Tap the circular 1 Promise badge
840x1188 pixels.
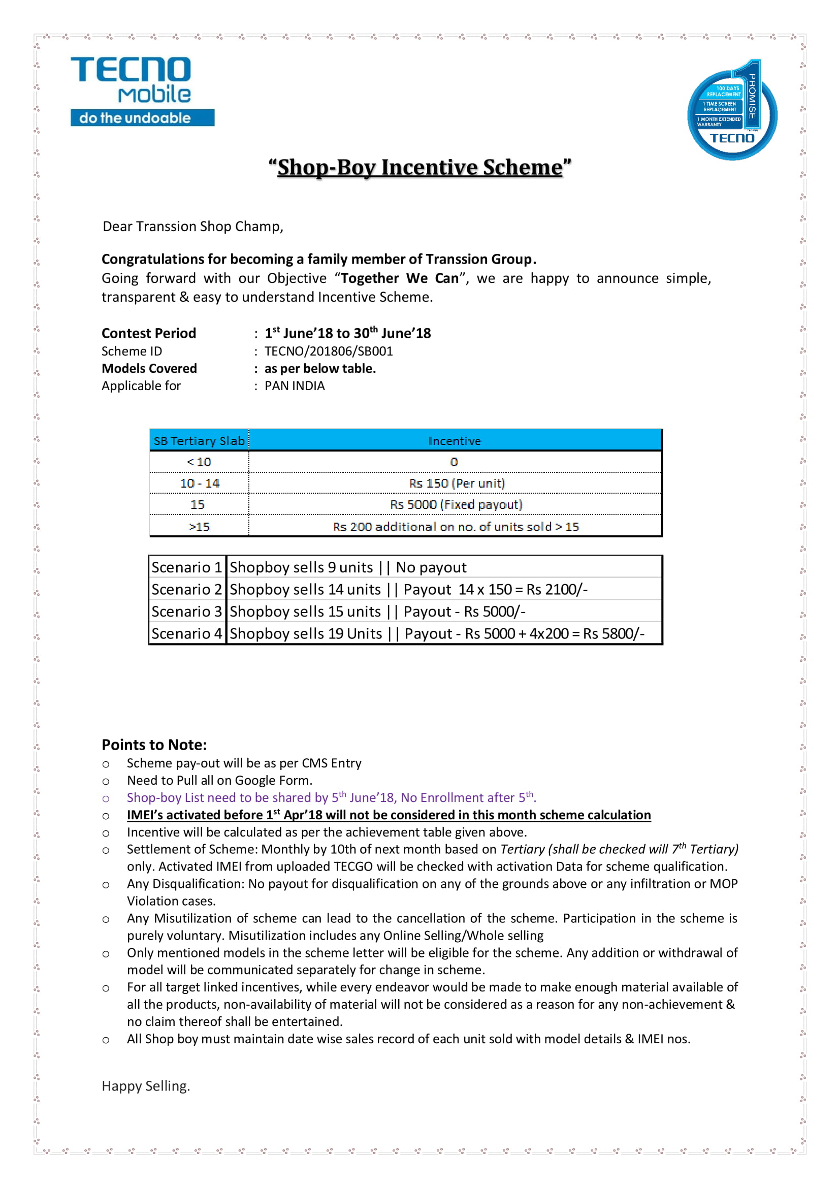coord(732,112)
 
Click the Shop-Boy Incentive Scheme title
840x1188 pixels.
coord(419,167)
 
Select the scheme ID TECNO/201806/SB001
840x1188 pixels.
coord(329,351)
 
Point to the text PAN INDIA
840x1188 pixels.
coord(295,386)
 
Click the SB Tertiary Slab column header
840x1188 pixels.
coord(199,441)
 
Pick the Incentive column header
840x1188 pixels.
coord(454,441)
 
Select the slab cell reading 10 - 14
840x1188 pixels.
coord(199,483)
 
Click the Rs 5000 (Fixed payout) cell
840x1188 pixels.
coord(456,504)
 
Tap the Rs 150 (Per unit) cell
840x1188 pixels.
coord(457,483)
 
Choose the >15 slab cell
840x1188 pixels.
coord(199,526)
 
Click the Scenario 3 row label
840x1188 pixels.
coord(187,612)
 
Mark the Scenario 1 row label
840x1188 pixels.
coord(187,568)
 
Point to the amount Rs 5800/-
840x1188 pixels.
coord(613,634)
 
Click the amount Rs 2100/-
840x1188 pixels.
coord(557,590)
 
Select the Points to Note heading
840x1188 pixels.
coord(154,745)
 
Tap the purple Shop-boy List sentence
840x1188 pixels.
coord(331,797)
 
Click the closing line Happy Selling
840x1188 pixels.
coord(146,1086)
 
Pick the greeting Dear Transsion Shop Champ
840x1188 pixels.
coord(193,227)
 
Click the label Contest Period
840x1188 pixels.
coord(148,333)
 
